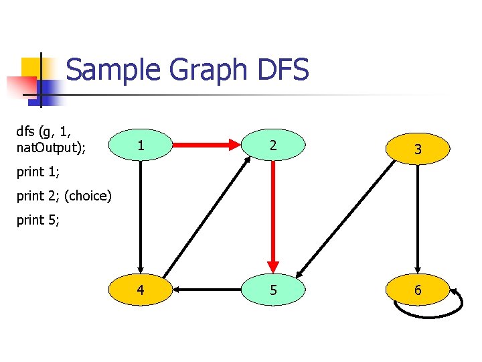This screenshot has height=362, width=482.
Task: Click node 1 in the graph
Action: (140, 145)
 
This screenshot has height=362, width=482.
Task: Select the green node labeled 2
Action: (273, 145)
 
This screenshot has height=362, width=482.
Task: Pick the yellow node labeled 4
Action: (140, 290)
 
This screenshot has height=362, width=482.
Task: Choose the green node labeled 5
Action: (273, 290)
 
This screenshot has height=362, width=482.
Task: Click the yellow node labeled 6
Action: (417, 290)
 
